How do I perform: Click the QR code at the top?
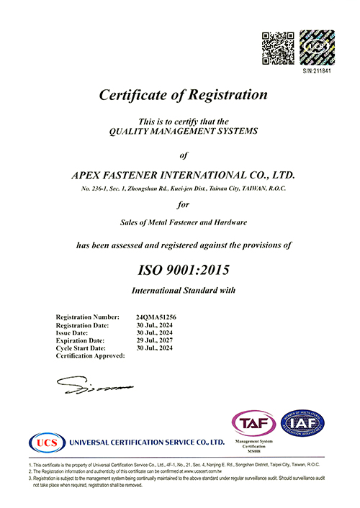pyautogui.click(x=277, y=46)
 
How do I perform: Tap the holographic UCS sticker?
pyautogui.click(x=316, y=46)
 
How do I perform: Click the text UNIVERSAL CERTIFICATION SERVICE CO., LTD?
pyautogui.click(x=147, y=441)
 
